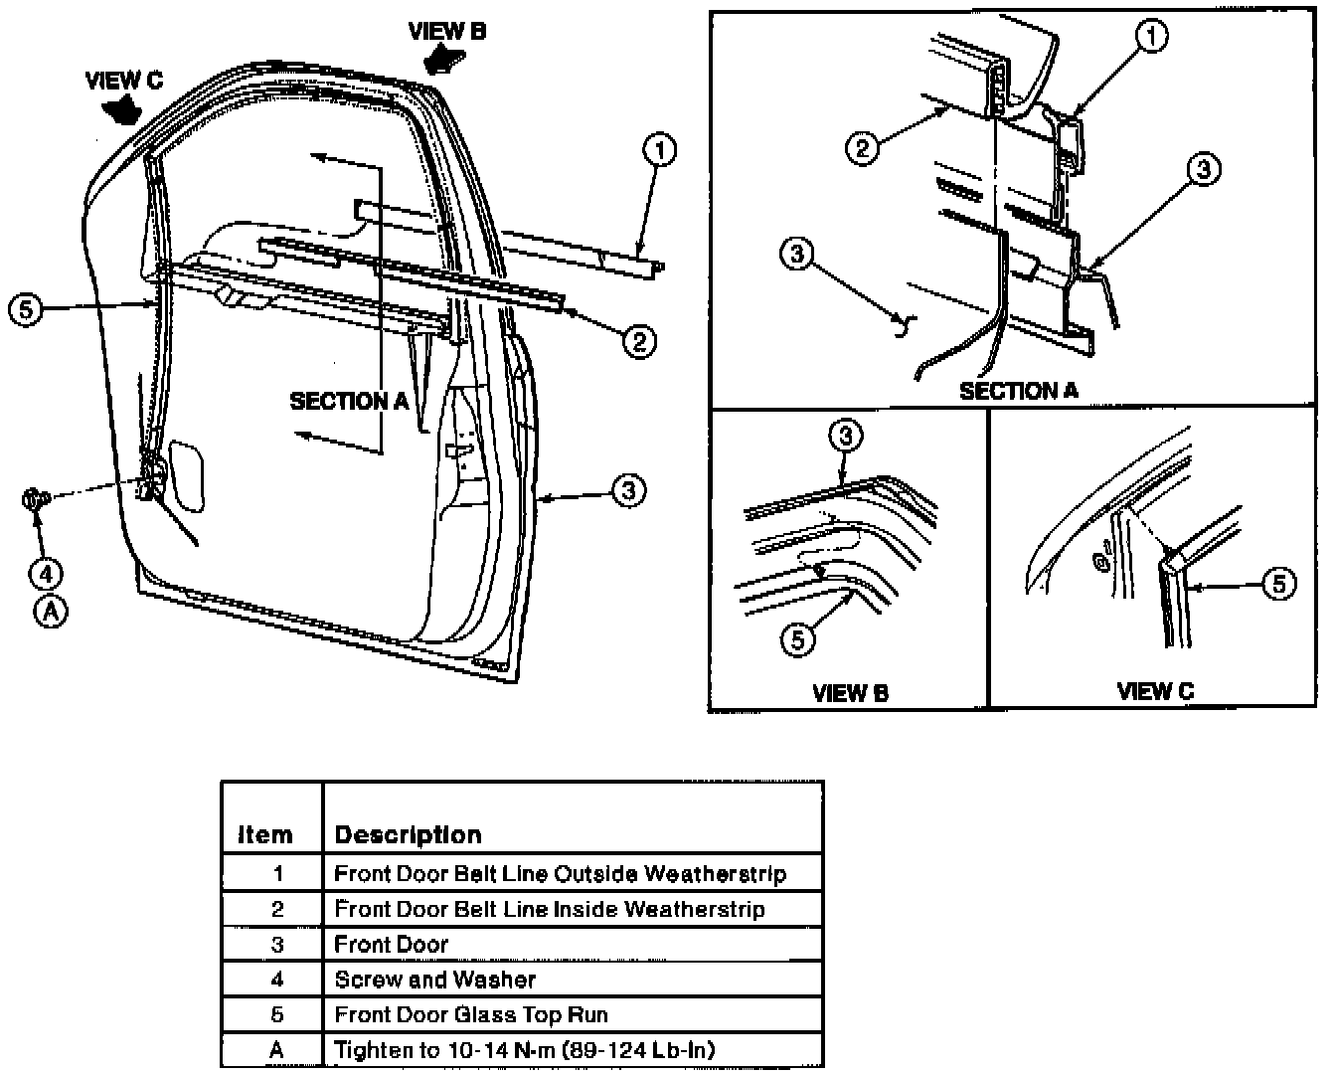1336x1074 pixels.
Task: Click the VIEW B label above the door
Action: coord(447,31)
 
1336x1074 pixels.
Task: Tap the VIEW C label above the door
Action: coord(124,81)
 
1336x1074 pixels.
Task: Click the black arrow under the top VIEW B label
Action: coord(444,62)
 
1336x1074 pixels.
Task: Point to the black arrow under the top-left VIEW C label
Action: coord(121,111)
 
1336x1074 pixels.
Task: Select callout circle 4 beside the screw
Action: coord(47,574)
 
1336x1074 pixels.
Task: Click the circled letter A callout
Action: coord(51,612)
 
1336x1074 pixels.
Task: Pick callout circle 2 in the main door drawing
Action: coord(639,341)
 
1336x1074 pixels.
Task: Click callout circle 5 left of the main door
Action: coord(26,308)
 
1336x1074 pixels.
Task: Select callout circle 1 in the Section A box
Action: coord(1151,36)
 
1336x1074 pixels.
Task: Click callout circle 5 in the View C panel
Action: coord(1279,584)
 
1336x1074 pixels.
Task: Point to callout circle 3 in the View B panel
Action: coord(846,436)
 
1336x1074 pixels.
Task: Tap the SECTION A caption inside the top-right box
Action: coord(1019,391)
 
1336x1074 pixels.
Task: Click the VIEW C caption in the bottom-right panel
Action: coord(1155,691)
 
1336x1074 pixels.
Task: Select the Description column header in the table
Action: coord(408,835)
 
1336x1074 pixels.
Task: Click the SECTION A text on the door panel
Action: coord(350,402)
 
